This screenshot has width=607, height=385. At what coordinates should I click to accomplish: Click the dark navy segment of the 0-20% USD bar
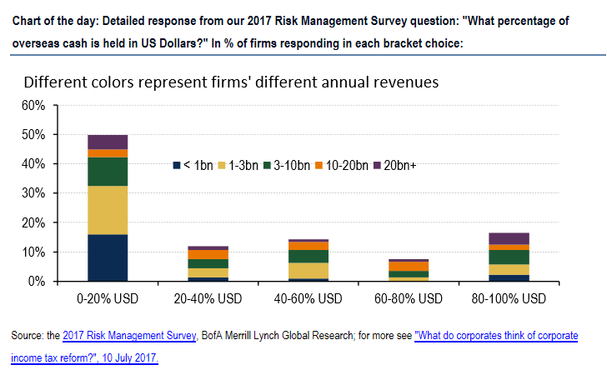point(108,258)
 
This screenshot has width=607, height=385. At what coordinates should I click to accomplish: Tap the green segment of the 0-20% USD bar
point(108,172)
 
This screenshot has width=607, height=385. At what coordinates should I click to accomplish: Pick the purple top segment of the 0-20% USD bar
point(108,142)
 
